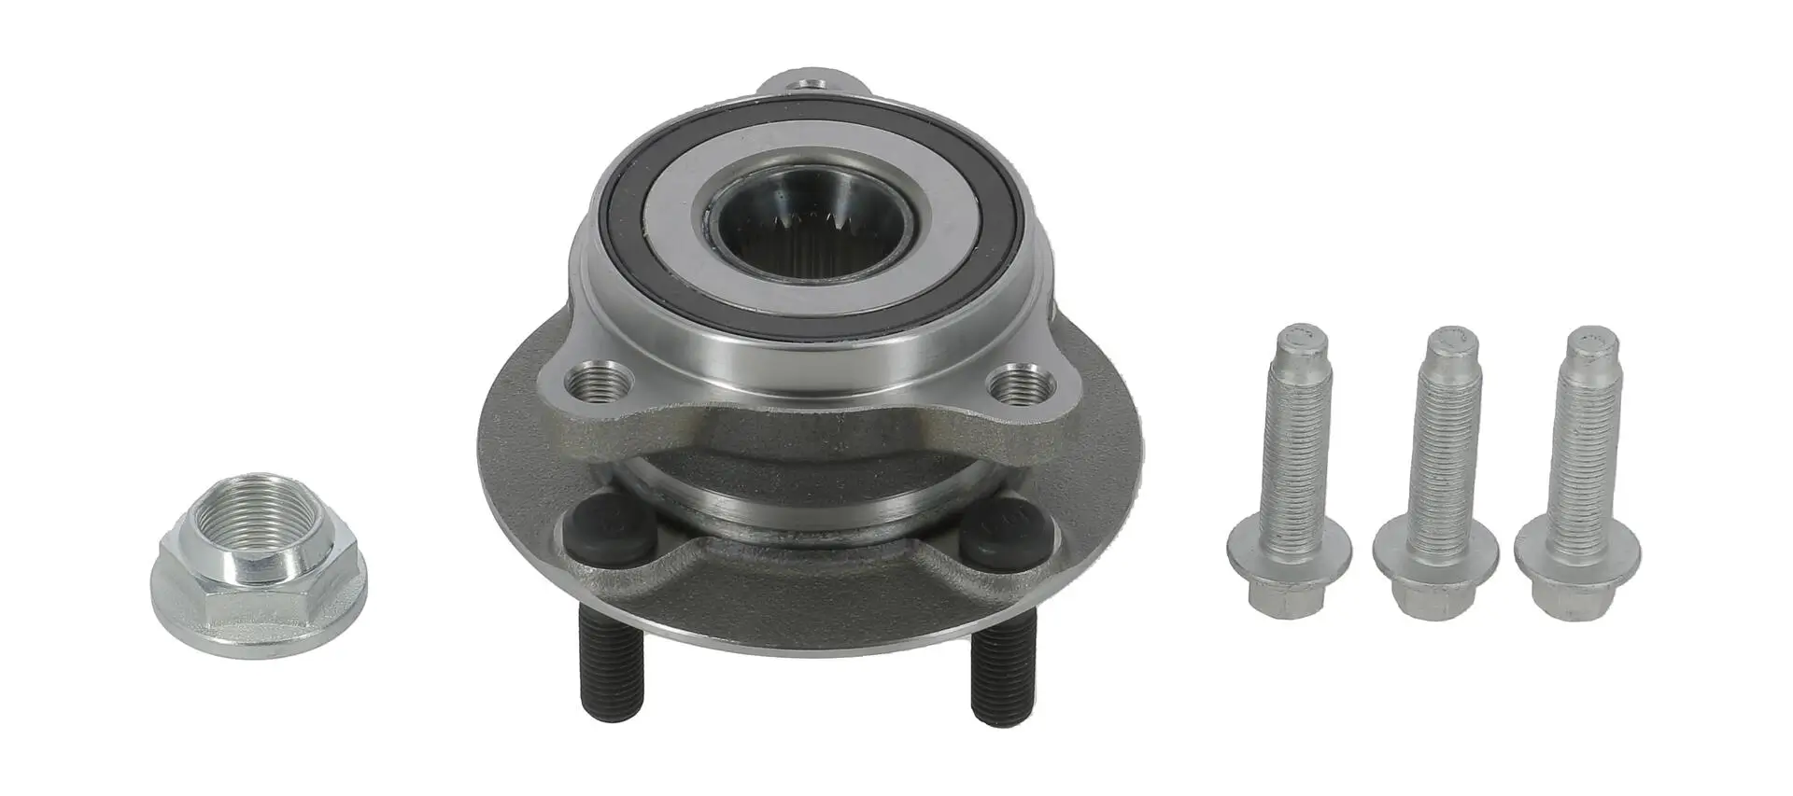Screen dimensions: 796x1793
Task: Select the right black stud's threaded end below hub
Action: coord(1003,674)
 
